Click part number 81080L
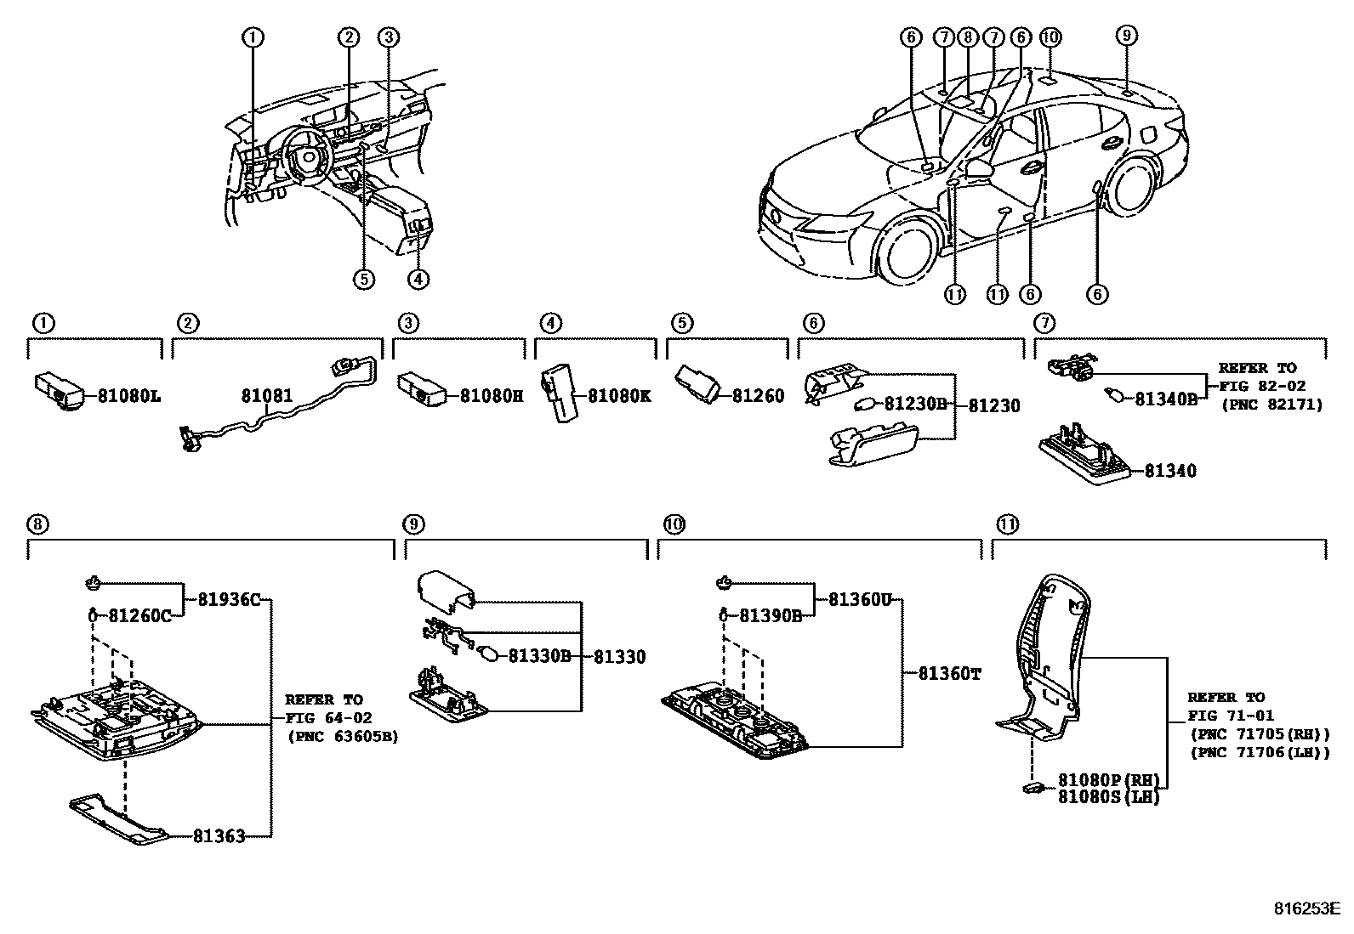[128, 396]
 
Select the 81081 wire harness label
[266, 396]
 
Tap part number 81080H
[492, 396]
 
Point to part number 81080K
[619, 396]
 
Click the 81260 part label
[758, 396]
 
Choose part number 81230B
[915, 405]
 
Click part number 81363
[219, 836]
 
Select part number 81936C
[229, 599]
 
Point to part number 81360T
[950, 674]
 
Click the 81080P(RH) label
[1108, 780]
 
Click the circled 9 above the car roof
[1125, 36]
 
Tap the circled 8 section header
[37, 524]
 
